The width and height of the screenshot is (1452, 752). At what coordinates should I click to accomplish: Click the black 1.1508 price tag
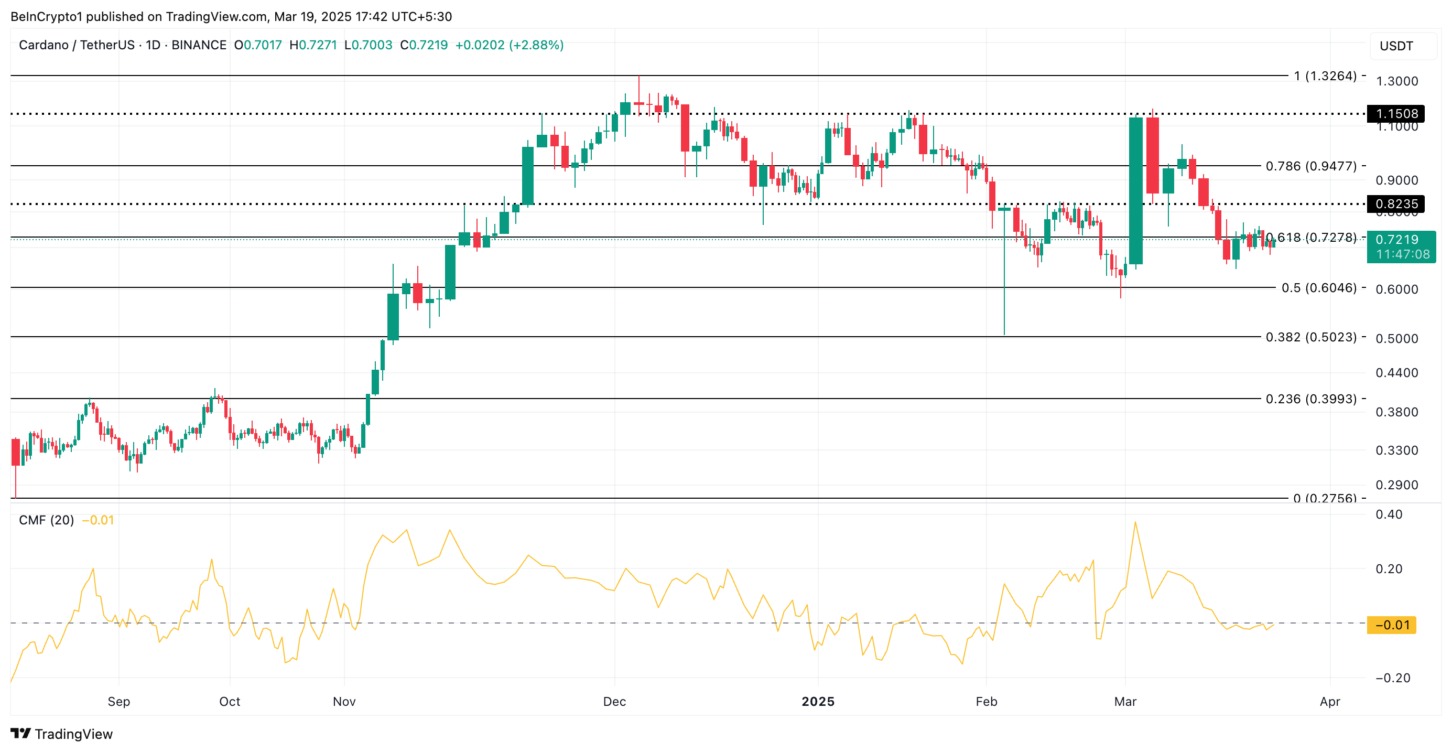point(1395,114)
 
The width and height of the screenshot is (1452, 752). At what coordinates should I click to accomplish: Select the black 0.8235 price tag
point(1395,204)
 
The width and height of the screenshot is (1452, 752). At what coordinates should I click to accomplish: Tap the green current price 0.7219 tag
point(1401,246)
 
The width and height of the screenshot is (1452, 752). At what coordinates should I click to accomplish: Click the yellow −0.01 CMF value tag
point(1392,625)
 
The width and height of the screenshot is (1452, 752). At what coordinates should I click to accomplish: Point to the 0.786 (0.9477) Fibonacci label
point(1311,166)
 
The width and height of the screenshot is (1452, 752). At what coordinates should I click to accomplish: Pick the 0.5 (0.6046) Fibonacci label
point(1319,288)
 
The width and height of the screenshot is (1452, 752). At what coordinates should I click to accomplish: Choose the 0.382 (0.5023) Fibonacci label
point(1311,337)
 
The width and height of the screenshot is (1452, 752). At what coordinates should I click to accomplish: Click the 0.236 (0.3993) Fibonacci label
point(1311,399)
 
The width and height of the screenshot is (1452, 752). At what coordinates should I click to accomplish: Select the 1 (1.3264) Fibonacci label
point(1325,76)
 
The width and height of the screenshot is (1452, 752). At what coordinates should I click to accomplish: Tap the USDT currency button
point(1396,46)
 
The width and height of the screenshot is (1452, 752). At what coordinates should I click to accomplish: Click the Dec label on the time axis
point(614,702)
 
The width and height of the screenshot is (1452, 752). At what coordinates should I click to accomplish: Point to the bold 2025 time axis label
point(818,702)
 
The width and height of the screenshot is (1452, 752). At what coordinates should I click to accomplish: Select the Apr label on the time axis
point(1330,702)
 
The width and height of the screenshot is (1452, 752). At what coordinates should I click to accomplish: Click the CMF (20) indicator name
point(46,520)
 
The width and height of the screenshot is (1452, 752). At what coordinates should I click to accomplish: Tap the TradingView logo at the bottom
point(62,734)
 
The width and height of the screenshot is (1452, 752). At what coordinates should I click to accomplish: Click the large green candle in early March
point(1136,190)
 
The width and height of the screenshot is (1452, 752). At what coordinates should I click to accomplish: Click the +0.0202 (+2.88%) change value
point(509,45)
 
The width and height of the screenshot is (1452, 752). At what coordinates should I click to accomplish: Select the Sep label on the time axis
point(119,702)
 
